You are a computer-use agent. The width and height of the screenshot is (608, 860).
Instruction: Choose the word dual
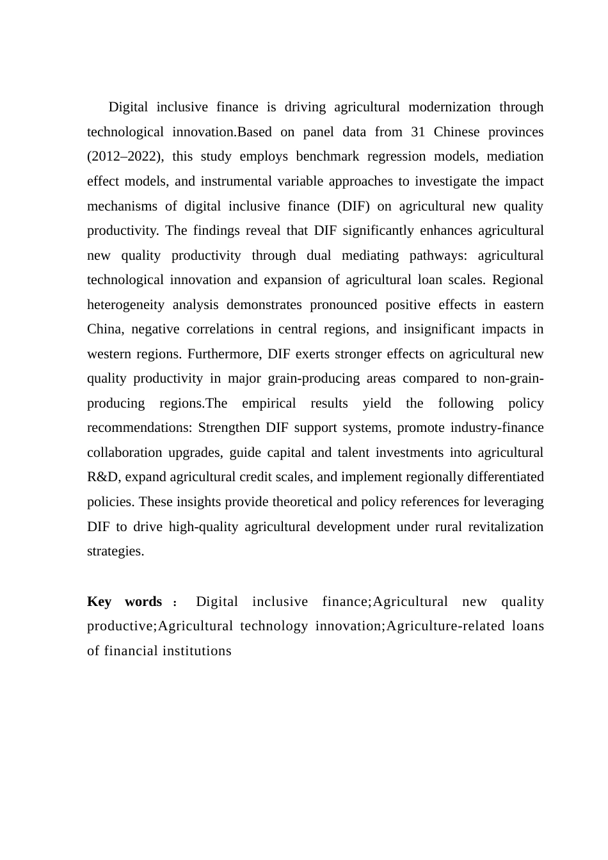[x=319, y=256]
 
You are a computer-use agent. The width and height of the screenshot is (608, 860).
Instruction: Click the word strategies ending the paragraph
[x=115, y=552]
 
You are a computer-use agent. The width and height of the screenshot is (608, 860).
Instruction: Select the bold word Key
[x=99, y=602]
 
